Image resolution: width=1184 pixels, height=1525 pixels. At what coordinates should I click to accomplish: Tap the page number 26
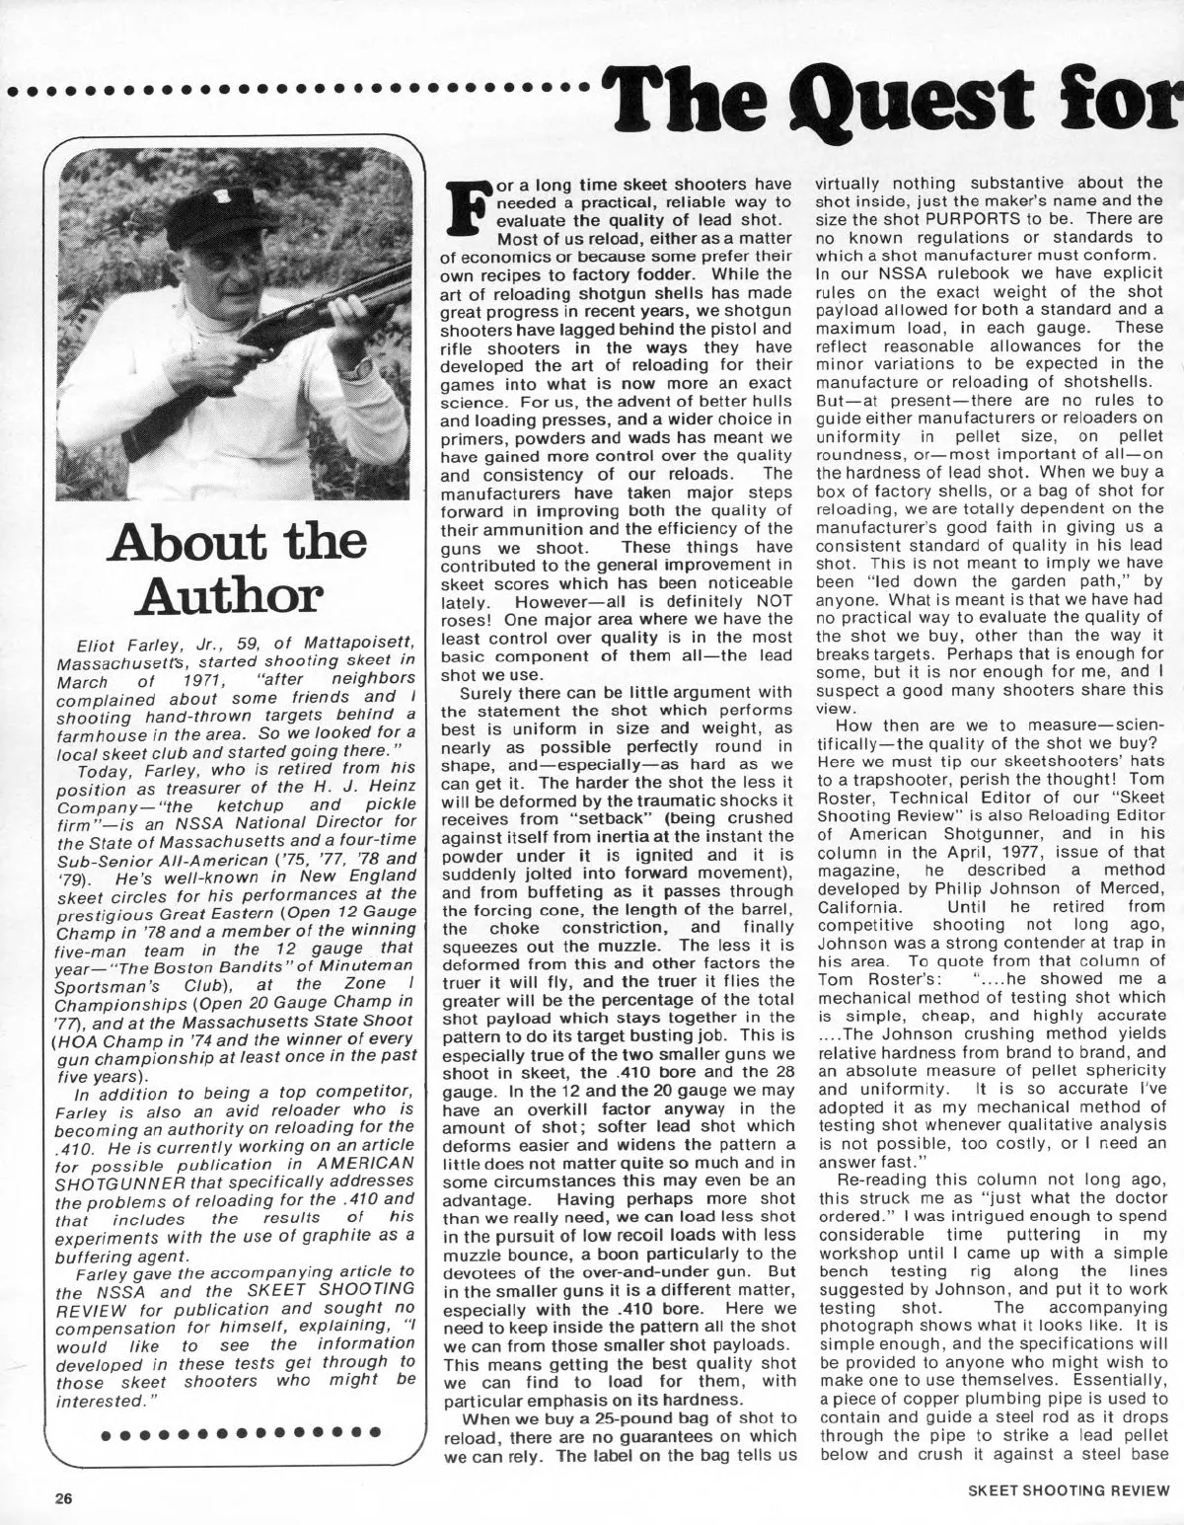pos(64,1495)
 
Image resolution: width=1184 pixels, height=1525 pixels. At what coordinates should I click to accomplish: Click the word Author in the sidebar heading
pos(233,595)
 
